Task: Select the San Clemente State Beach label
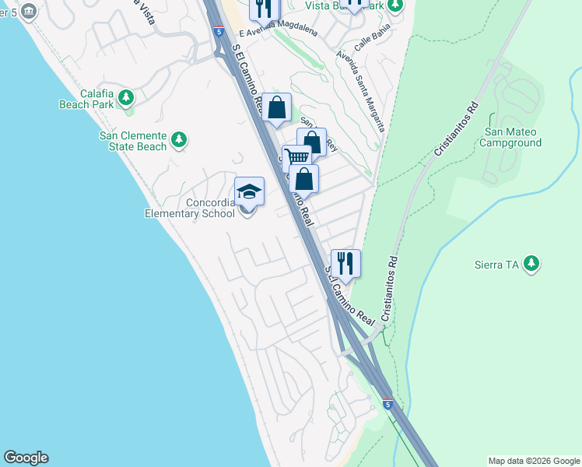(x=132, y=141)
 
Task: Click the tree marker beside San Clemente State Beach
(x=179, y=140)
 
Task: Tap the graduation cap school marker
(x=249, y=191)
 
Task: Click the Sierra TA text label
(x=496, y=265)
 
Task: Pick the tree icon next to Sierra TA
(x=531, y=264)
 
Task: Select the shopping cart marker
(x=296, y=158)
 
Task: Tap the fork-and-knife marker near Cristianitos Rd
(x=345, y=263)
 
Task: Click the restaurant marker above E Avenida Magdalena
(x=264, y=8)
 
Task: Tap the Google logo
(x=26, y=458)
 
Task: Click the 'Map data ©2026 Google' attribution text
(x=533, y=461)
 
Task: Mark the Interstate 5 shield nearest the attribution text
(x=387, y=404)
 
